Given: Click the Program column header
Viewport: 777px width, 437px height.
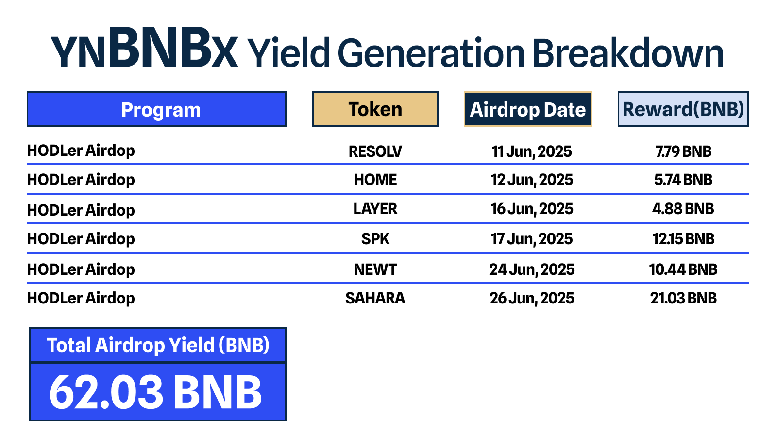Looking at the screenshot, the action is coord(156,109).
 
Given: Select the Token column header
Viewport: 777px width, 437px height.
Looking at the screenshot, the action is coord(375,109).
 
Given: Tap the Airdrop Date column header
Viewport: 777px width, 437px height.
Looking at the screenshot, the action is coord(527,109).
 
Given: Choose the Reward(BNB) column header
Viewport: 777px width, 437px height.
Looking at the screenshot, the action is coord(683,109).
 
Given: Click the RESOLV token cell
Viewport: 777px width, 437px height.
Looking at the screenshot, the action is coord(375,151).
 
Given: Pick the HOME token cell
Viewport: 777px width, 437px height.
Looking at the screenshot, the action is coord(375,180).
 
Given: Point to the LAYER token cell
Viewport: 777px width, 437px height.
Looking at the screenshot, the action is coord(375,209).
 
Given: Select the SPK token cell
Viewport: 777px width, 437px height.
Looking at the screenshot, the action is coord(375,239).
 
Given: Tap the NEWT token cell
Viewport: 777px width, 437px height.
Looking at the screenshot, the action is coord(375,269).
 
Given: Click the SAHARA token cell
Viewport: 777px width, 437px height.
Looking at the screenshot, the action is coord(375,298).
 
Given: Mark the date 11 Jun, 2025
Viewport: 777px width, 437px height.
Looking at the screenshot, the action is coord(532,152).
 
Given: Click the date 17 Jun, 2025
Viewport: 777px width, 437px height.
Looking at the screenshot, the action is coord(532,239).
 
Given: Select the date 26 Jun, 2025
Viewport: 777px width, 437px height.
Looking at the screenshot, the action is coord(532,299).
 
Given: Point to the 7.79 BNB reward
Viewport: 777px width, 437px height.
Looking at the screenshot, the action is coord(683,151).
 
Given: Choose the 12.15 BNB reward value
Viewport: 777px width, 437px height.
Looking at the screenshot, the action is coord(683,239).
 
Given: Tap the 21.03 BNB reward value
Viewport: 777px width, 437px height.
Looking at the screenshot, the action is coord(683,298).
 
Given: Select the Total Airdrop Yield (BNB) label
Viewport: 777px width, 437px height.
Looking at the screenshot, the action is coord(158,345).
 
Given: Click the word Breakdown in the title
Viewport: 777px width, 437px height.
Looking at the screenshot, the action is coord(628,53).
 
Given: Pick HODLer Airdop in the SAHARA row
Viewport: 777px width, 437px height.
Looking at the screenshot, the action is coord(81,299).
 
